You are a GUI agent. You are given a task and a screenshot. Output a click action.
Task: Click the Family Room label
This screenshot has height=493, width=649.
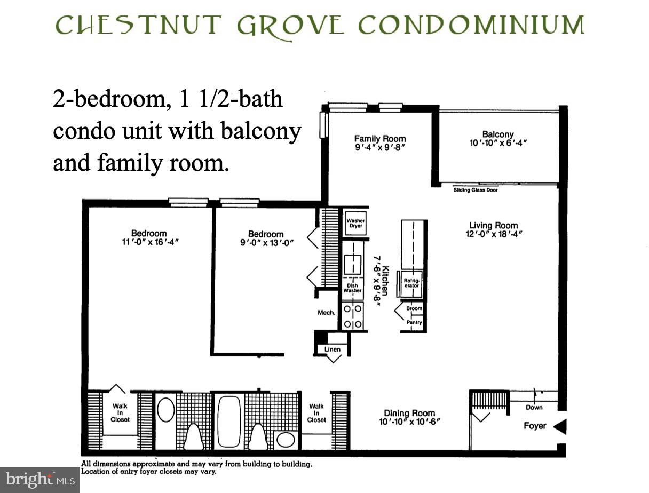pyautogui.click(x=380, y=139)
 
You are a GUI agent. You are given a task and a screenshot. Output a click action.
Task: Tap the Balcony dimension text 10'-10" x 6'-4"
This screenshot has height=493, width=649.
pyautogui.click(x=497, y=144)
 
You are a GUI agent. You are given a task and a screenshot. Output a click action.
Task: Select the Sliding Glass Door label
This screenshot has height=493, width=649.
pyautogui.click(x=475, y=190)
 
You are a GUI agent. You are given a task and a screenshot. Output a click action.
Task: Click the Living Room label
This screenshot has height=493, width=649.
pyautogui.click(x=493, y=225)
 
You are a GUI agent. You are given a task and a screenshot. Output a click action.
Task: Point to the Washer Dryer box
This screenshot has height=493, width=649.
pyautogui.click(x=355, y=223)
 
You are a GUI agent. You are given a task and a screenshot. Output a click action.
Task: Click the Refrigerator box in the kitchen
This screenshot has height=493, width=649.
pyautogui.click(x=411, y=283)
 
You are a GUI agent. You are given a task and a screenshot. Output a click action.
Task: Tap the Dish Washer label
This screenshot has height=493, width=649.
pyautogui.click(x=352, y=288)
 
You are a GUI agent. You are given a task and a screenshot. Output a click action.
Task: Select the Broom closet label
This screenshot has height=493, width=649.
pyautogui.click(x=414, y=308)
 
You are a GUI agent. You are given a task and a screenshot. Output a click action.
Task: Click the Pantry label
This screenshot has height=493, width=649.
pyautogui.click(x=414, y=322)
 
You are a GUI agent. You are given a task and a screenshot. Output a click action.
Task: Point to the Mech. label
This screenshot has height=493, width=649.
pyautogui.click(x=327, y=313)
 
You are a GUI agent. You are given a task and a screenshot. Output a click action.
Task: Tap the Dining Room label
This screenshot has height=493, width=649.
pyautogui.click(x=409, y=413)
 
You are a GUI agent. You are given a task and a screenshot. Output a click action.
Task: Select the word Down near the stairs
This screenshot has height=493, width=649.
pyautogui.click(x=534, y=408)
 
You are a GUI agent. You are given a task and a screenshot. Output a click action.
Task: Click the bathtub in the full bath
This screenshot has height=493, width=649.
pyautogui.click(x=228, y=421)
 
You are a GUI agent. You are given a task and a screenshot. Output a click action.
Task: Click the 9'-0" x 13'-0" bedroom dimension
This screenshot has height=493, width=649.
pyautogui.click(x=266, y=243)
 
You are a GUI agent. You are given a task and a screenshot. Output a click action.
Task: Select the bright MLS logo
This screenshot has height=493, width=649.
pyautogui.click(x=39, y=479)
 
